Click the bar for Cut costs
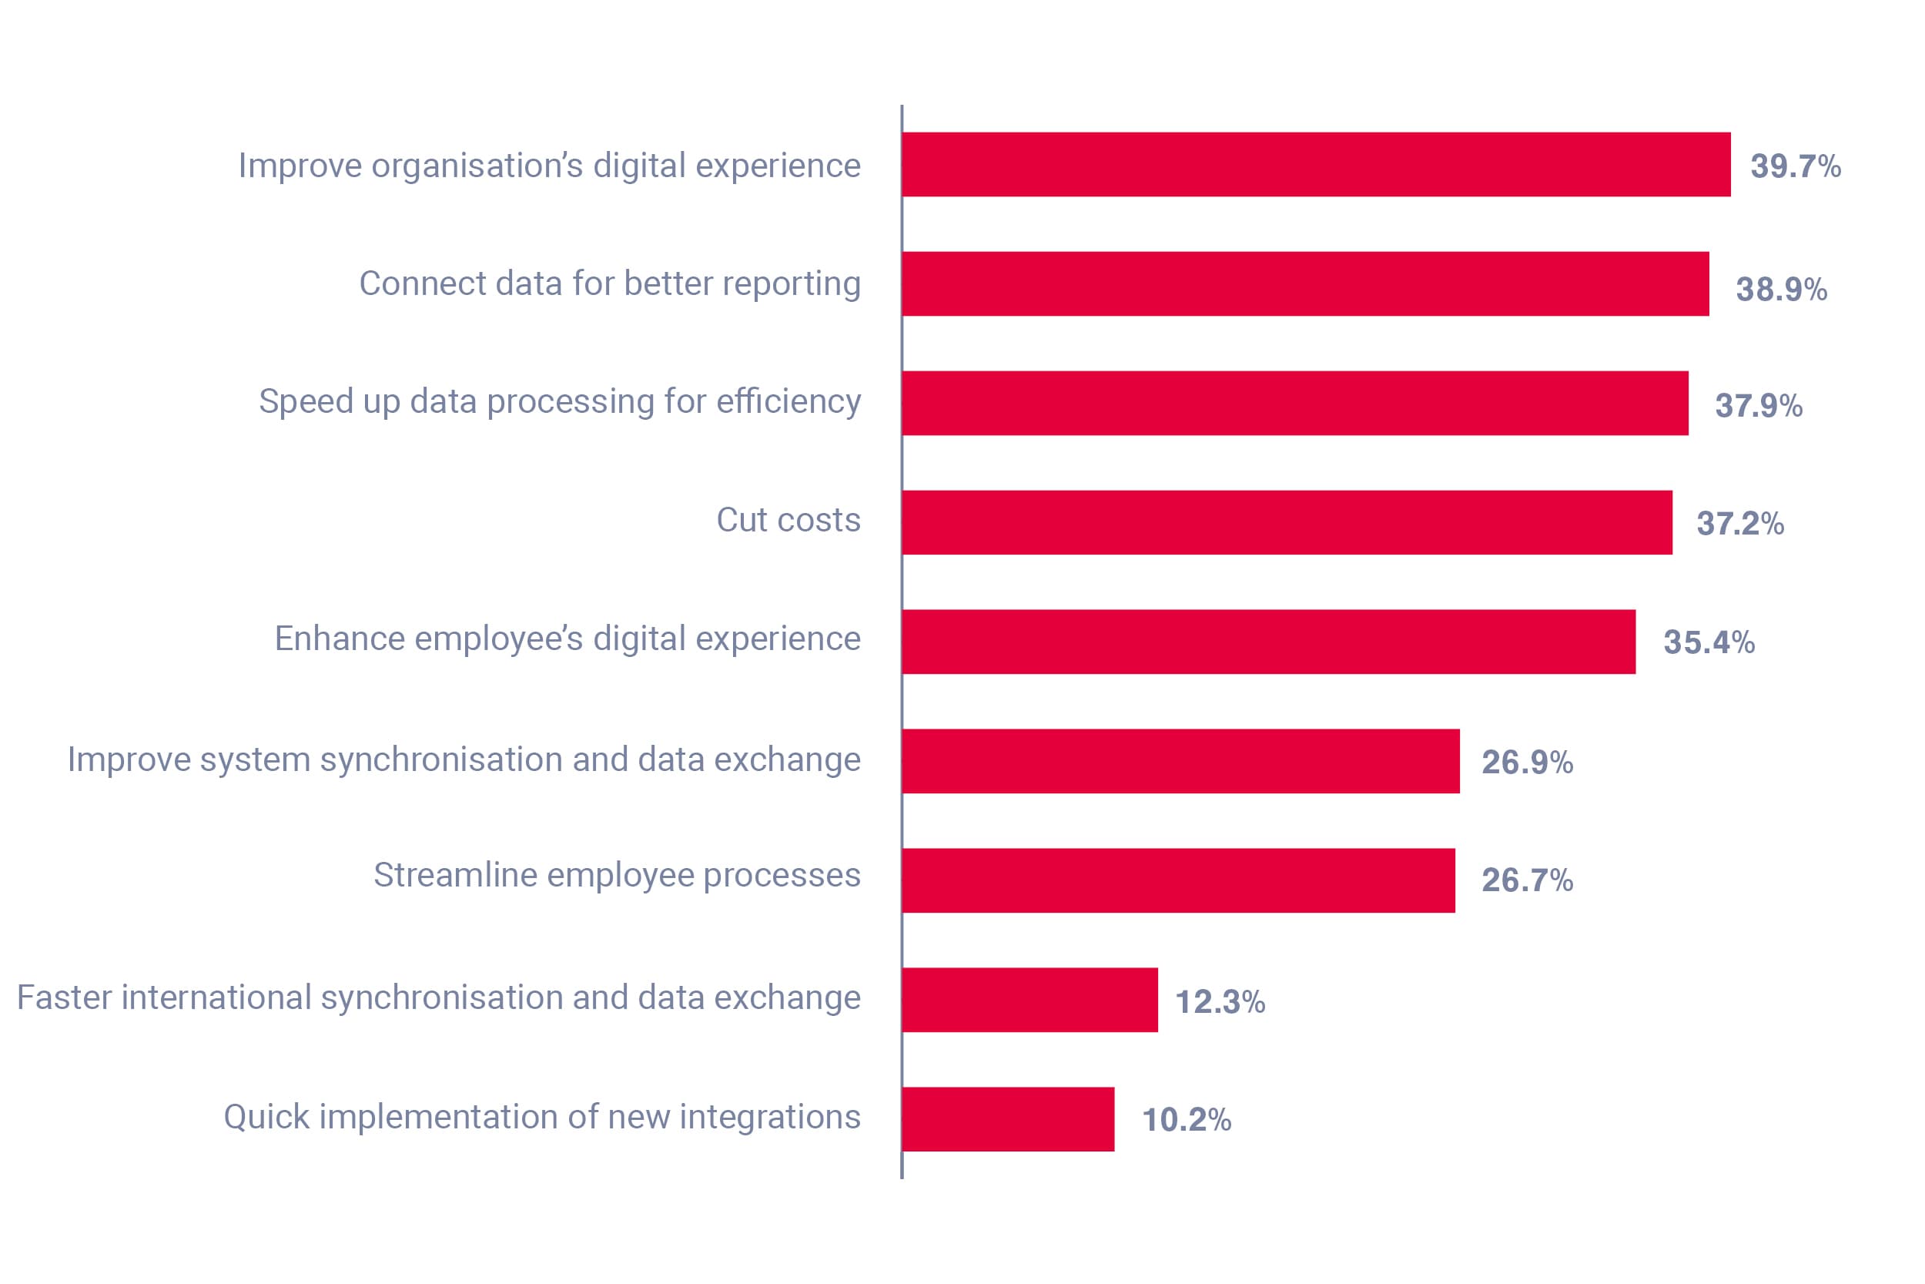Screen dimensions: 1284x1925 (x=1287, y=522)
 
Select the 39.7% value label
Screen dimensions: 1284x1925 (x=1795, y=166)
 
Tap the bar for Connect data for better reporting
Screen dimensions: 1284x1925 (x=1304, y=284)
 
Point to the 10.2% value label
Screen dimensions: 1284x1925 (x=1186, y=1119)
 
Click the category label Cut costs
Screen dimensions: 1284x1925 (x=788, y=520)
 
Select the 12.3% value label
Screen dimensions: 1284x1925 (x=1220, y=1001)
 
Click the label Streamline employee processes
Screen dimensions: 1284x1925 (x=617, y=875)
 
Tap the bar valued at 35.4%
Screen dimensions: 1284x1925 (x=1269, y=642)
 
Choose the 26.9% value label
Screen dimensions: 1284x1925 (x=1527, y=763)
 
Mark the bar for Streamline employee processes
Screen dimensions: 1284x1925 (x=1179, y=880)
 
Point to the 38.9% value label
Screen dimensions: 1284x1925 (x=1781, y=289)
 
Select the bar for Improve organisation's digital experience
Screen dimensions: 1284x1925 (x=1316, y=165)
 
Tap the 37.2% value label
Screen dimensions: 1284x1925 (x=1740, y=523)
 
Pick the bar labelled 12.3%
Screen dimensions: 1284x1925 (x=1029, y=1000)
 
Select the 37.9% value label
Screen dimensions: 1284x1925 (x=1758, y=405)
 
